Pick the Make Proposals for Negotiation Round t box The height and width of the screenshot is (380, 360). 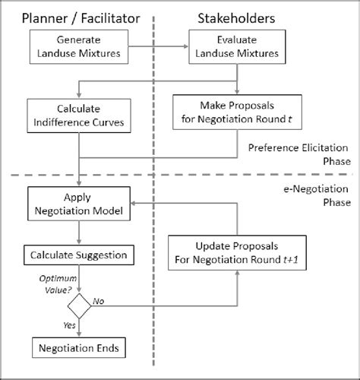pos(238,111)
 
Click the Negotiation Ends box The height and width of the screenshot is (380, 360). pos(78,348)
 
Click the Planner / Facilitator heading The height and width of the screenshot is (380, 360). pos(78,16)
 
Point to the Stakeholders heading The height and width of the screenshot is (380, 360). pos(237,16)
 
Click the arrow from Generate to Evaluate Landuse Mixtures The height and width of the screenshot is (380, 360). pos(157,46)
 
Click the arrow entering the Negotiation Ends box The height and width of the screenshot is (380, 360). pos(78,328)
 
